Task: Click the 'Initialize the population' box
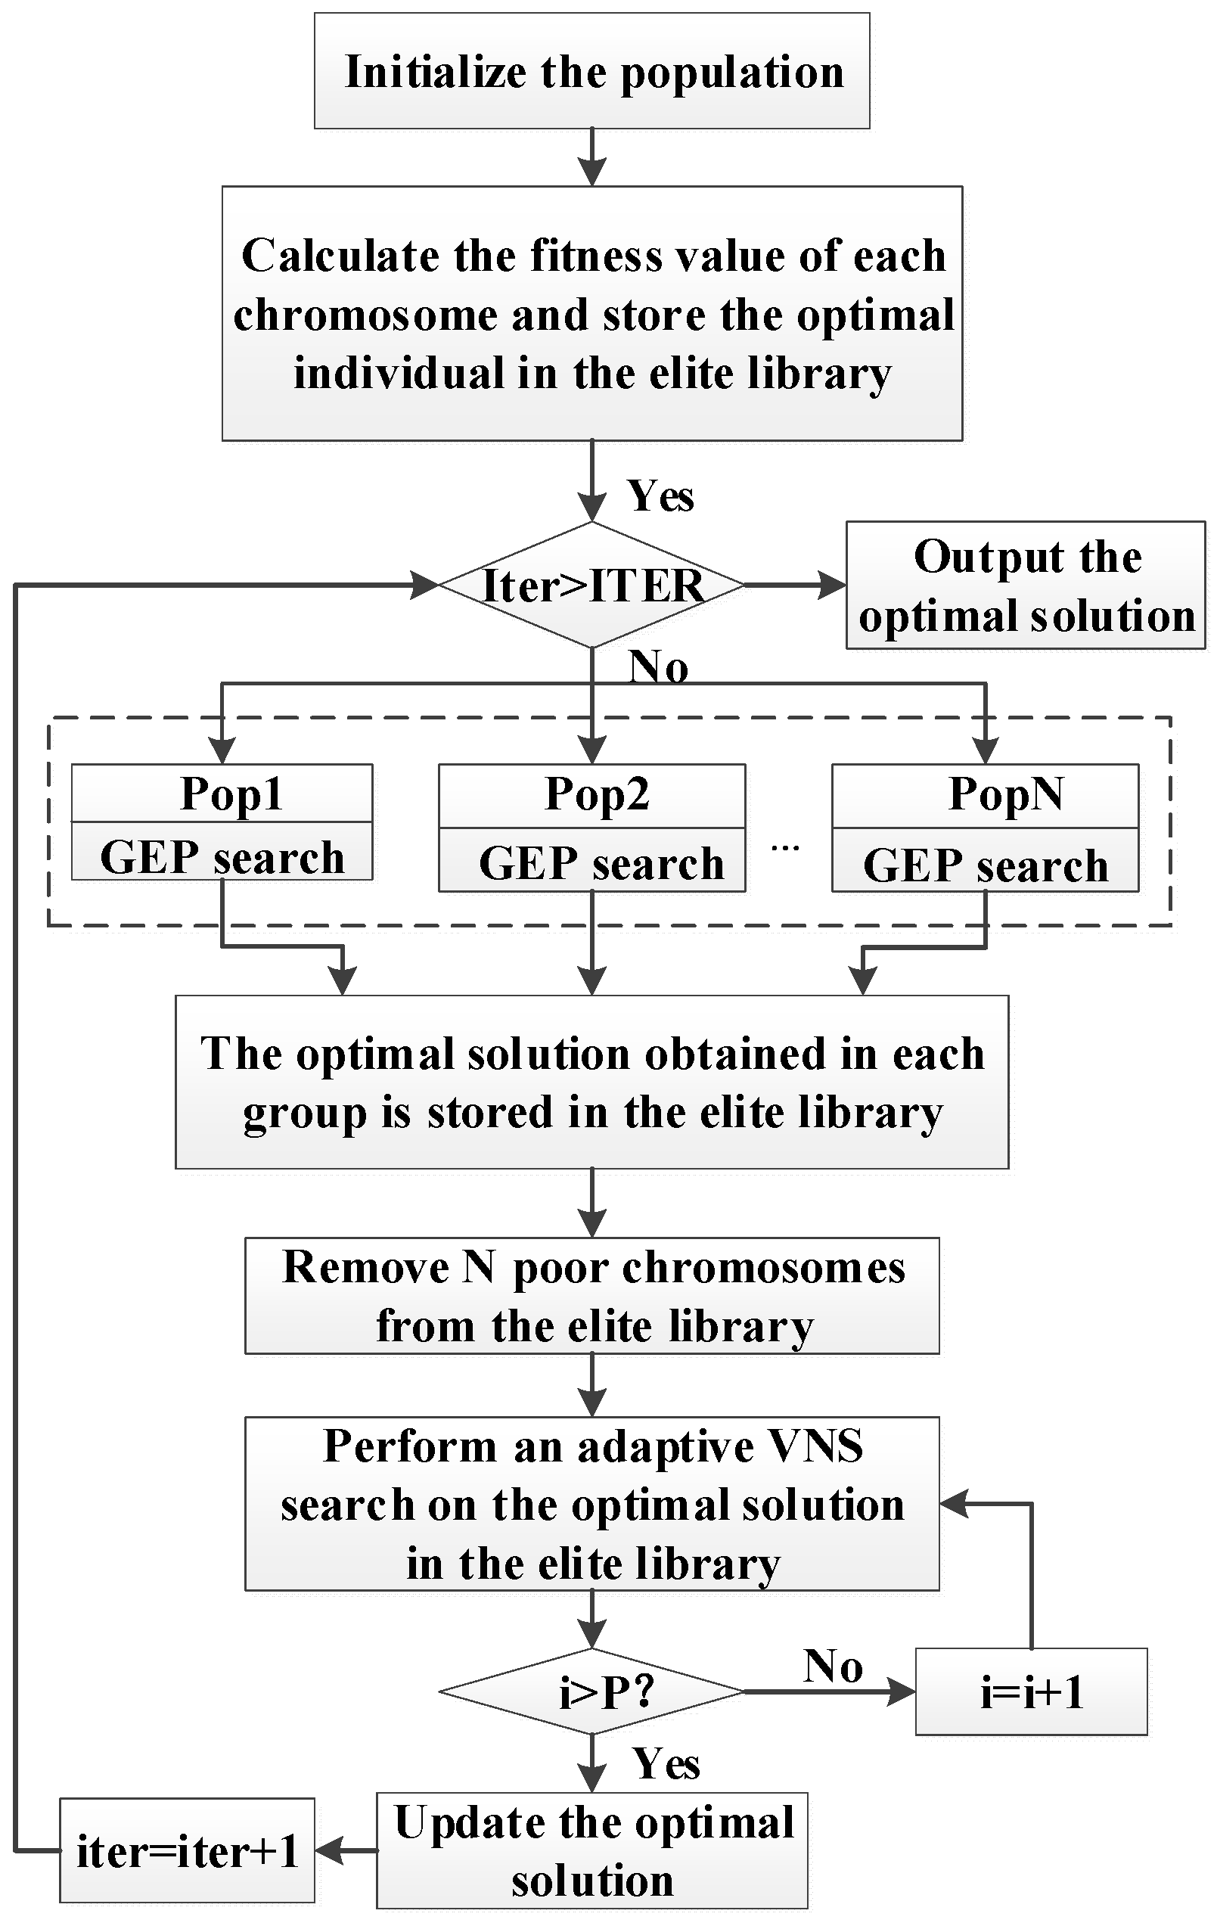tap(591, 70)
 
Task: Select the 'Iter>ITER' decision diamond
tap(591, 585)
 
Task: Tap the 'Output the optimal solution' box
tap(1025, 585)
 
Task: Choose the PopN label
tap(1004, 794)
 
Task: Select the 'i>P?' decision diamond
tap(591, 1691)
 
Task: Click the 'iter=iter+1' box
tap(187, 1851)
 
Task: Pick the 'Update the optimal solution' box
tap(591, 1851)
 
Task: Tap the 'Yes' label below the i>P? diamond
tap(666, 1763)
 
